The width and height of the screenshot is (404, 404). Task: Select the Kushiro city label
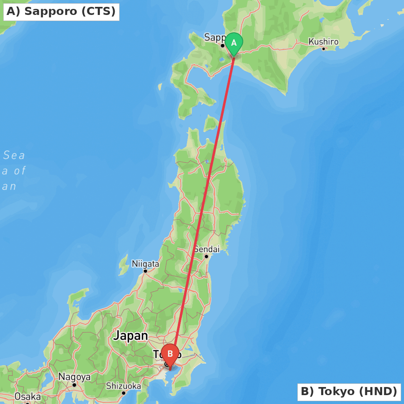(323, 42)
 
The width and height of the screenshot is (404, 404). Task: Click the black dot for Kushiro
(323, 49)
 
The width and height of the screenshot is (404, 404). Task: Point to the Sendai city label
(206, 249)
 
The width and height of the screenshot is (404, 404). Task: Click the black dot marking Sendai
(206, 257)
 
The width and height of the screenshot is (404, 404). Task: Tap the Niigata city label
(145, 264)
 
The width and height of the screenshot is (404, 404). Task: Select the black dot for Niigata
(145, 271)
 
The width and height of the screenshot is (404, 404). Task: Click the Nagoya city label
(74, 377)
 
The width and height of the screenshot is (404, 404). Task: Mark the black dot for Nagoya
(74, 385)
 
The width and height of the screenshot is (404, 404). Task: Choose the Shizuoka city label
(124, 386)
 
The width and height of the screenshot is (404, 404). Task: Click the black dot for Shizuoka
(124, 393)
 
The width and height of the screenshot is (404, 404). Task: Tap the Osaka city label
(27, 396)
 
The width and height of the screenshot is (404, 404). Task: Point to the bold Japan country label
(130, 336)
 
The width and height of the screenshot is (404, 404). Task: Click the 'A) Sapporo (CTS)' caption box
(61, 11)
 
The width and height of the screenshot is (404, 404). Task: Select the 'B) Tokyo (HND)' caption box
(349, 391)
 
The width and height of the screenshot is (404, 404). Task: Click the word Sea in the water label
(14, 155)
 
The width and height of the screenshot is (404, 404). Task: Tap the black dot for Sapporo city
(222, 46)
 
